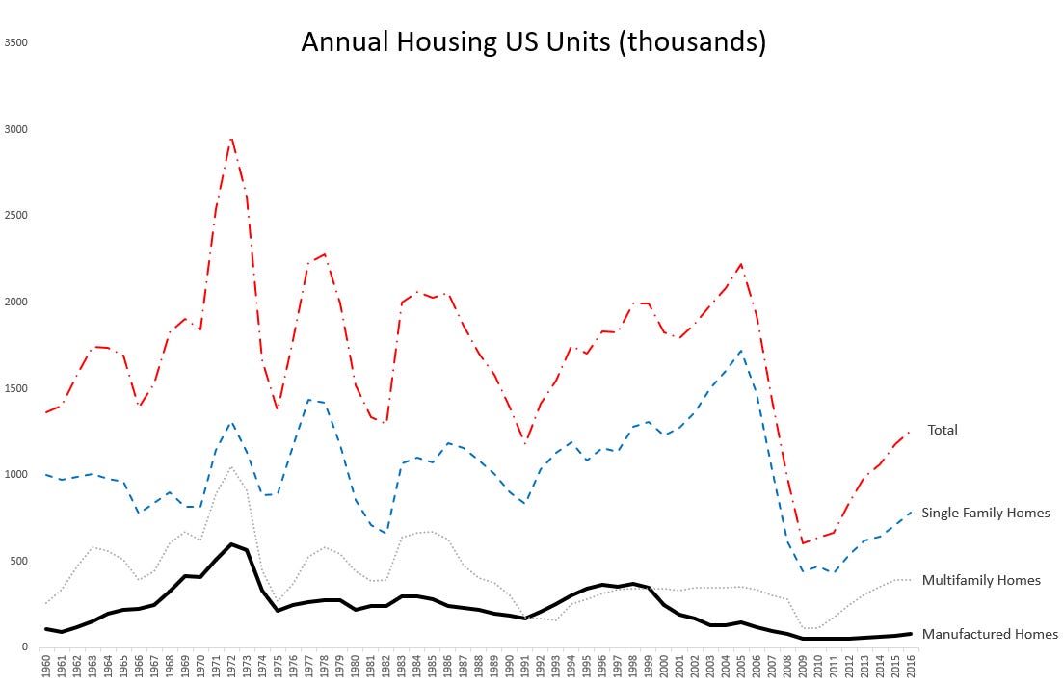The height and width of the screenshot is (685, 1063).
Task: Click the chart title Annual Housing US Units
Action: click(x=533, y=42)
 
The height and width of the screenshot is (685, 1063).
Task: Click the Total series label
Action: click(x=942, y=430)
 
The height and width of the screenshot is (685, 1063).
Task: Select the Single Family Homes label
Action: click(x=985, y=513)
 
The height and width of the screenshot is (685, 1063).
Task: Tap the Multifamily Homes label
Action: click(x=980, y=580)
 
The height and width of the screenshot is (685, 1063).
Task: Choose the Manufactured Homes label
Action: click(x=989, y=634)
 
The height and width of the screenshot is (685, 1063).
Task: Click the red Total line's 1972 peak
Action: click(x=231, y=139)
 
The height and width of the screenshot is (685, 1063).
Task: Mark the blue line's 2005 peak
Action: click(x=740, y=351)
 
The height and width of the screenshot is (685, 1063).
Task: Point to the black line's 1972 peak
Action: click(x=231, y=543)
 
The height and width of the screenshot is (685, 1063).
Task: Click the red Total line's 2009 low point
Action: click(x=803, y=543)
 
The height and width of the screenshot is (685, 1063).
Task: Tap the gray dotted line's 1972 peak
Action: click(x=231, y=467)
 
